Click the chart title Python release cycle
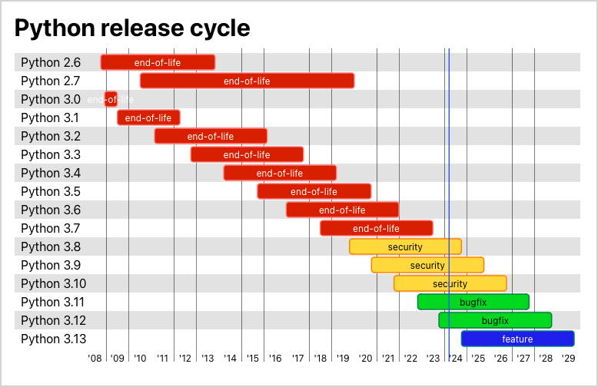click(132, 28)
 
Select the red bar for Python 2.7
click(247, 81)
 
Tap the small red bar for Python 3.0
click(111, 99)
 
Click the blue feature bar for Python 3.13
click(517, 339)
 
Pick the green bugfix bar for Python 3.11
click(473, 302)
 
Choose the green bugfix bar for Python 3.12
click(495, 320)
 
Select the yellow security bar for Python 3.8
click(405, 246)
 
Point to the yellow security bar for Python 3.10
click(450, 283)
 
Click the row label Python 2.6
click(51, 62)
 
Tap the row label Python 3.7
click(51, 228)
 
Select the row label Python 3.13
click(54, 339)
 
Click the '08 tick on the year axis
click(95, 359)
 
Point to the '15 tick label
click(253, 359)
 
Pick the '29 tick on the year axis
click(568, 359)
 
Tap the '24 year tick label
click(456, 359)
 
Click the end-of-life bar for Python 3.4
click(280, 173)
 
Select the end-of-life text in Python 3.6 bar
click(342, 210)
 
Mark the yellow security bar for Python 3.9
click(427, 265)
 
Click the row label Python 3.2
click(51, 136)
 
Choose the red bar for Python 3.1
click(148, 117)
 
